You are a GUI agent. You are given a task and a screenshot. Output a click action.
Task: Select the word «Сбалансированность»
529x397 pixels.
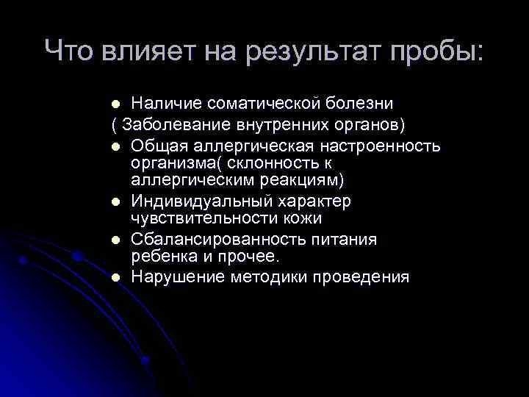(217, 240)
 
